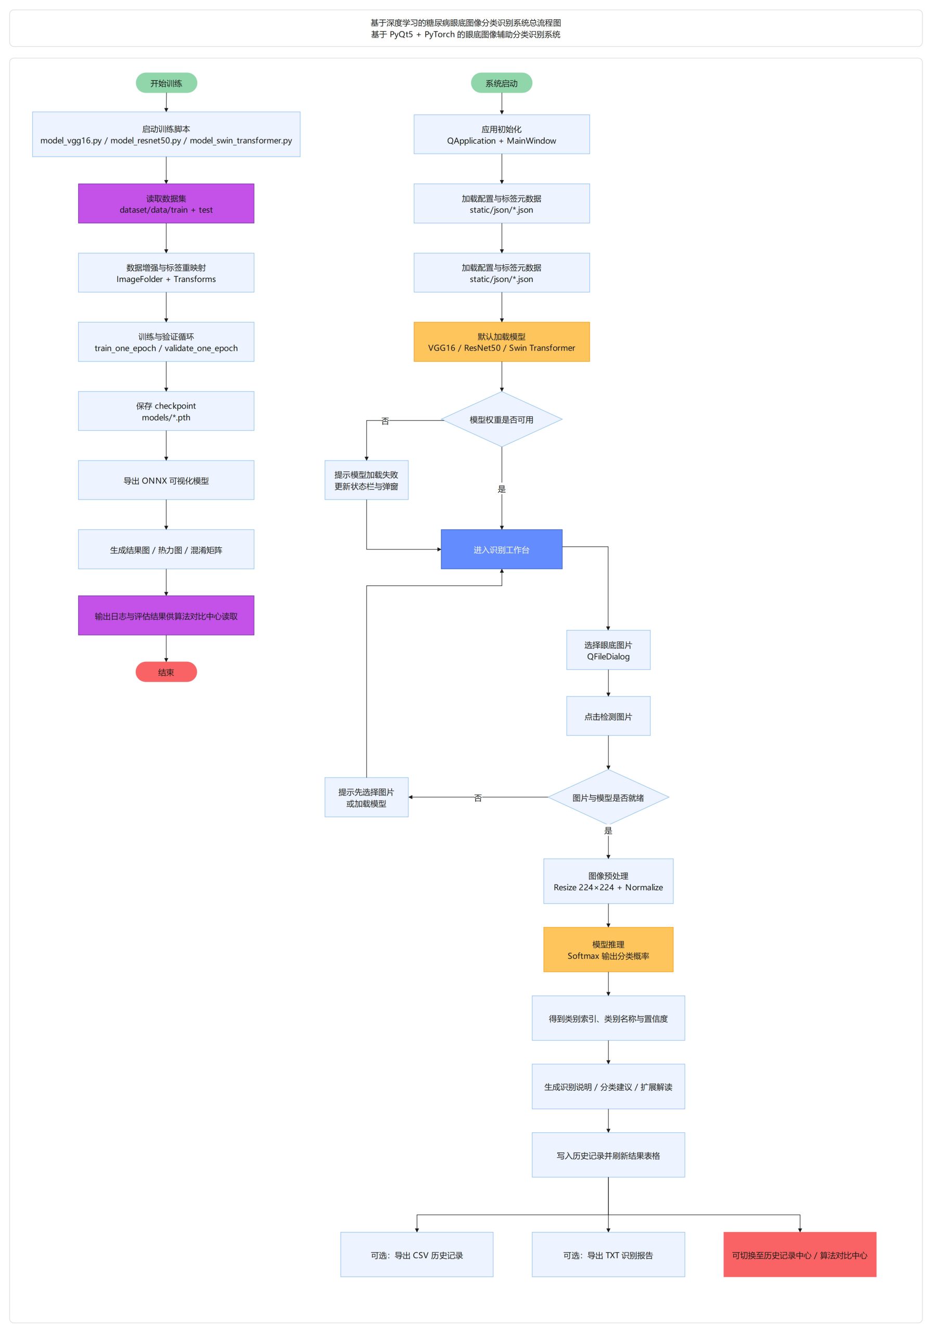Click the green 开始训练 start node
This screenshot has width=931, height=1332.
166,83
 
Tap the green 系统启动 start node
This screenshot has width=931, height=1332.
501,83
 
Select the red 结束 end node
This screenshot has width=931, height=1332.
166,672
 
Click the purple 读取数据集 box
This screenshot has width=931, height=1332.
166,203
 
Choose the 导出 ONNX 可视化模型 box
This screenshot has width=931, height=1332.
166,480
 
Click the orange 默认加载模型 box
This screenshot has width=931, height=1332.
501,342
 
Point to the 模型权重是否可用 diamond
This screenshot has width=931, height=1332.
501,419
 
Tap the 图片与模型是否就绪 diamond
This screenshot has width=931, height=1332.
608,797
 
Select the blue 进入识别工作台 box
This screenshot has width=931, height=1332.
501,549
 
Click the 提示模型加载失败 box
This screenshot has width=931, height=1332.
366,480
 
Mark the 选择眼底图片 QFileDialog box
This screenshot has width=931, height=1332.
608,650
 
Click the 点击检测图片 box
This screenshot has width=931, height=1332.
608,716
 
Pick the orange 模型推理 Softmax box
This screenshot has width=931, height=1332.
608,950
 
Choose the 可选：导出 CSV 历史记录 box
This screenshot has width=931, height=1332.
416,1255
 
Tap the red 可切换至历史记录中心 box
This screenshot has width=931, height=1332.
799,1255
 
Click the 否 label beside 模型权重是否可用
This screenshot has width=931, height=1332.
385,421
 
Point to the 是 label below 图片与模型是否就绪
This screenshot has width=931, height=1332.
608,831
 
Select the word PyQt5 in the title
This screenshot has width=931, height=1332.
401,35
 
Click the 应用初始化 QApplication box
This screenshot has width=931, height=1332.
501,135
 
